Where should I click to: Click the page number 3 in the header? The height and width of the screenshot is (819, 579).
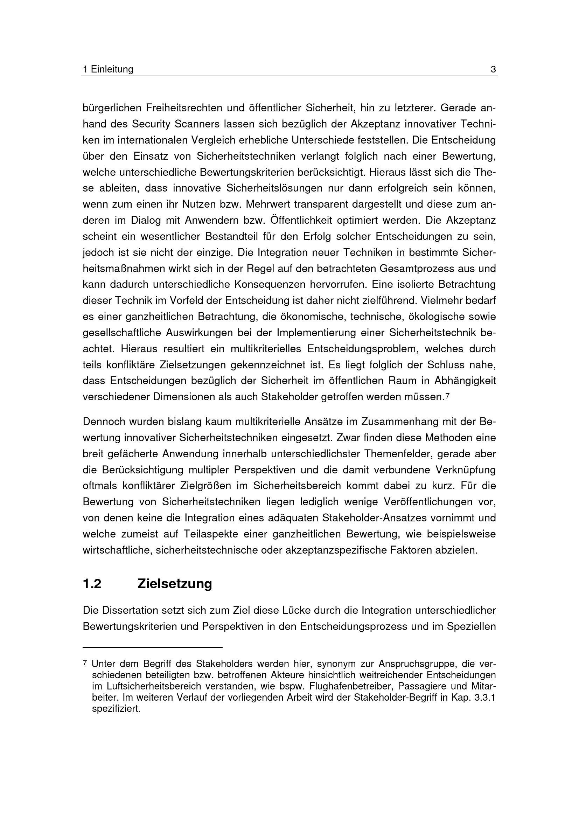pyautogui.click(x=494, y=70)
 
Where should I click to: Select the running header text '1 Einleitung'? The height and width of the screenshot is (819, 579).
pyautogui.click(x=108, y=70)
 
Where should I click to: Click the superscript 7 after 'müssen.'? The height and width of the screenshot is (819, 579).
pyautogui.click(x=447, y=395)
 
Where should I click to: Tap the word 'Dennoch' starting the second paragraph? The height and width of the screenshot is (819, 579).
pyautogui.click(x=103, y=422)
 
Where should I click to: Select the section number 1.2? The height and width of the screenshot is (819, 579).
pyautogui.click(x=92, y=584)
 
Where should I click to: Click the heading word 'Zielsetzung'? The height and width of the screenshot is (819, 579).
pyautogui.click(x=174, y=584)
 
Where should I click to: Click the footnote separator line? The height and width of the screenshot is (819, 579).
pyautogui.click(x=152, y=647)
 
